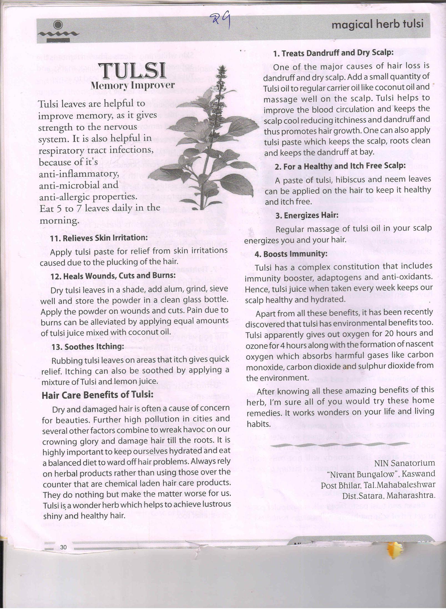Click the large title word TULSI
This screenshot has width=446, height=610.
(x=134, y=71)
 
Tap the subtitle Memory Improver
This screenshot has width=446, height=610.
(x=133, y=85)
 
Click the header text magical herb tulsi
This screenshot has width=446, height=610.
(x=377, y=25)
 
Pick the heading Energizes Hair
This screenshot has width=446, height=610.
(x=307, y=216)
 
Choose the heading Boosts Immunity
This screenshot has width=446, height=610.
(x=291, y=254)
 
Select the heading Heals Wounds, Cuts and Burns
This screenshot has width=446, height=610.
(x=113, y=275)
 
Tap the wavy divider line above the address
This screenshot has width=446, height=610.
(x=339, y=445)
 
